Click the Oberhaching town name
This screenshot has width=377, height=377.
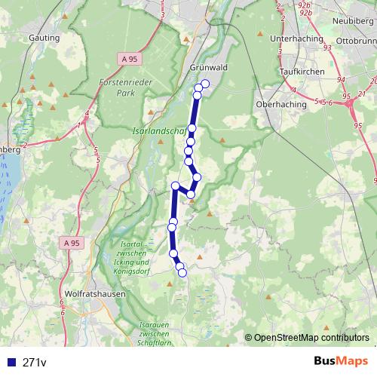280,104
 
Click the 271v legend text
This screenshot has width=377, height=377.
35,363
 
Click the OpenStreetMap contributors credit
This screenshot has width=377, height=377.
311,339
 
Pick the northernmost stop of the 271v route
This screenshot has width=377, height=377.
205,83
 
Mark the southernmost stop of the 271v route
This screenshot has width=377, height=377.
182,272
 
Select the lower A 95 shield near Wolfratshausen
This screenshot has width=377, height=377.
72,243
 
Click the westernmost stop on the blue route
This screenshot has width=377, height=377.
171,227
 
